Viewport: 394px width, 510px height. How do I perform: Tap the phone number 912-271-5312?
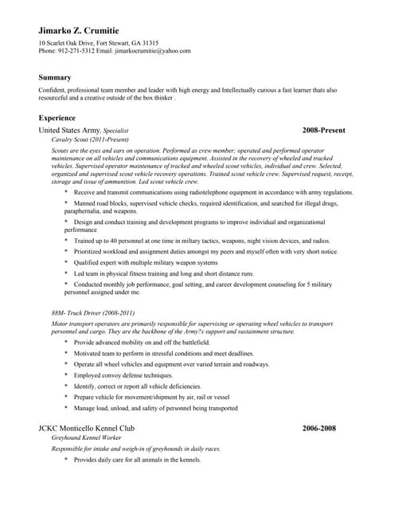click(76, 50)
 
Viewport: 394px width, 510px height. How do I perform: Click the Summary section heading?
click(55, 77)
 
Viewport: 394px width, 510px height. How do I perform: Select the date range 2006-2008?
click(319, 428)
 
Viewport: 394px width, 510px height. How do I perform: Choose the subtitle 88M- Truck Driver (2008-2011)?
click(93, 312)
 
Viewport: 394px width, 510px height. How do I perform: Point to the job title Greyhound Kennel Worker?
click(86, 438)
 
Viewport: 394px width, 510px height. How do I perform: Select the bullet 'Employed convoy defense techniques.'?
click(123, 375)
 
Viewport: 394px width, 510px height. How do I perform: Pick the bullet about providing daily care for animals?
click(137, 460)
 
